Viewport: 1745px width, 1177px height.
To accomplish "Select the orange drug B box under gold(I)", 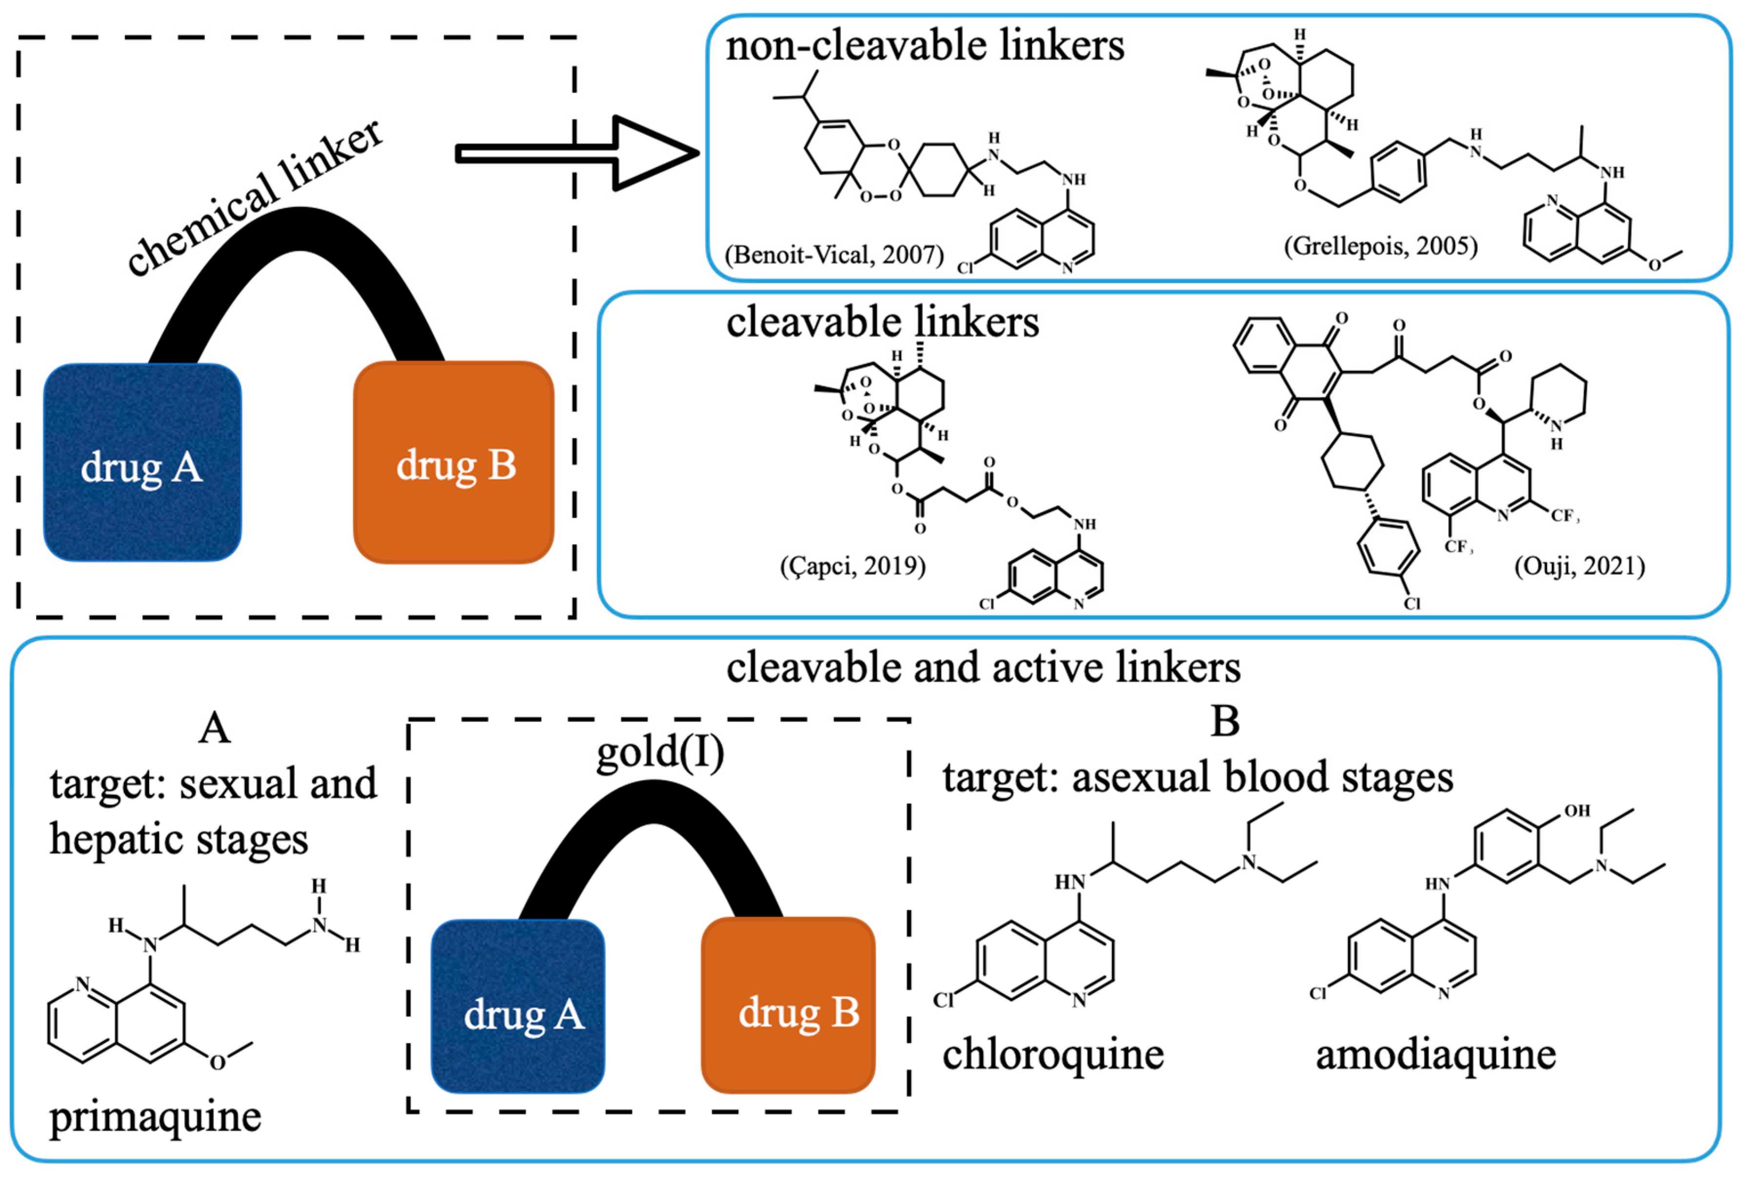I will (788, 1006).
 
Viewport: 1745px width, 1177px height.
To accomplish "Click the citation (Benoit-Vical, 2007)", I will (834, 255).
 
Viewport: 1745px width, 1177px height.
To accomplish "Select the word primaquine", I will (156, 1117).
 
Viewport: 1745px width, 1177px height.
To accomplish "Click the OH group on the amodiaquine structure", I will (1576, 811).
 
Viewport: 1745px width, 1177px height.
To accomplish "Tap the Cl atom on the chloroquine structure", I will (943, 1000).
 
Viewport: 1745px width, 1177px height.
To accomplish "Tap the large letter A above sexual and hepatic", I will (215, 728).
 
